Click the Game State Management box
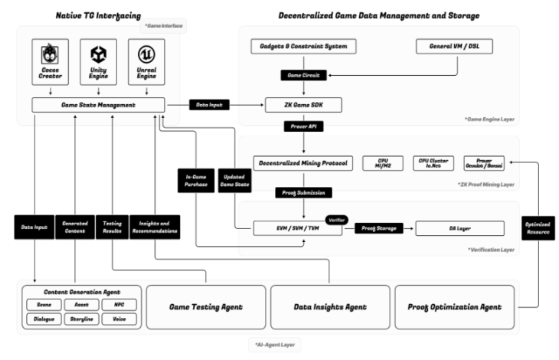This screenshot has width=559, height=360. [x=99, y=105]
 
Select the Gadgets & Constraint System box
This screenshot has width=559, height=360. [x=304, y=47]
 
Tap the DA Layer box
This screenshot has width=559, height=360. [x=459, y=228]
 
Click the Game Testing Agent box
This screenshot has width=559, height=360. [x=205, y=306]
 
